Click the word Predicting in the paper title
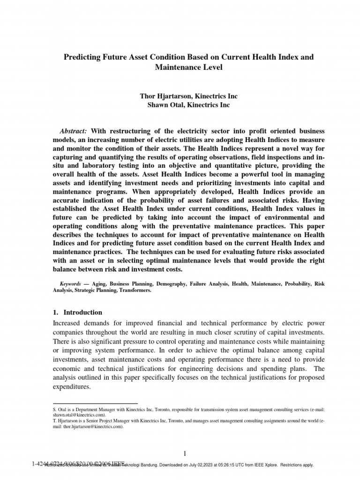click(81, 57)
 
